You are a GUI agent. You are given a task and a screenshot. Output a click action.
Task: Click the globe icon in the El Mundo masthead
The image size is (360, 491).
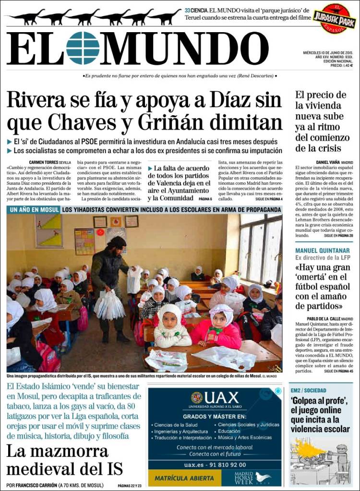click(x=83, y=48)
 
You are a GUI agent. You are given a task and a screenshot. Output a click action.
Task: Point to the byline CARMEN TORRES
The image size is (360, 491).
click(x=46, y=163)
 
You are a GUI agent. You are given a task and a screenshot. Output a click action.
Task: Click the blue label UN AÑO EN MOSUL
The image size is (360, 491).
click(x=34, y=210)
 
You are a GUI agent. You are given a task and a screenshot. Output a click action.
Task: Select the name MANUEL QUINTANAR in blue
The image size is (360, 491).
click(x=322, y=251)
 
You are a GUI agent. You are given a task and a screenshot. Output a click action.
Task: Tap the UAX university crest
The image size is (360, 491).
click(x=197, y=397)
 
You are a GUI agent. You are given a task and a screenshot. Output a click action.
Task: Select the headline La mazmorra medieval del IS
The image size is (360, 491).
click(x=64, y=459)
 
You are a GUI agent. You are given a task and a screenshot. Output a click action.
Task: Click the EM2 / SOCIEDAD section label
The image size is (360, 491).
click(x=312, y=390)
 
